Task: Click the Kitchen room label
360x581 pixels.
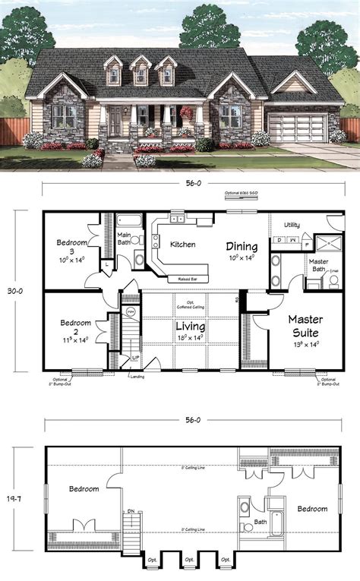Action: pyautogui.click(x=183, y=245)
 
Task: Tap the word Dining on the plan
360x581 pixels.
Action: pyautogui.click(x=241, y=247)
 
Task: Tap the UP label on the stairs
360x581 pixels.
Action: pyautogui.click(x=135, y=357)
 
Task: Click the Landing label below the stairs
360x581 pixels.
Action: pyautogui.click(x=137, y=375)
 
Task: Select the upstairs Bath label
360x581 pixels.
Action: pyautogui.click(x=260, y=522)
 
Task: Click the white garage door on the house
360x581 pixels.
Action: pyautogui.click(x=302, y=126)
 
